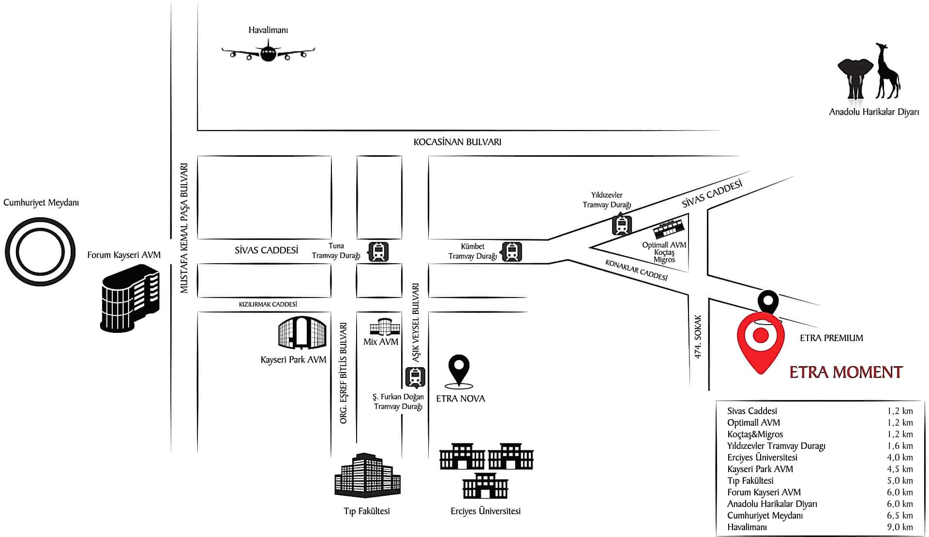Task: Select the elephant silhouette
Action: (855, 77)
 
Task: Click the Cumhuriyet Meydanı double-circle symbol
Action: (40, 251)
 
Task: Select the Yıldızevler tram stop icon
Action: (622, 225)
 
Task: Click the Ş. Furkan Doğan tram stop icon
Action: (415, 377)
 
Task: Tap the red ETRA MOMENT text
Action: (846, 372)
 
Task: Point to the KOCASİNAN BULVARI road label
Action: (457, 142)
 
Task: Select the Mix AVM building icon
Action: (385, 327)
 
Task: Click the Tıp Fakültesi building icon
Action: (368, 475)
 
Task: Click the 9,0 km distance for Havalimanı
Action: (899, 527)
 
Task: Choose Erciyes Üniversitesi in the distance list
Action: (762, 457)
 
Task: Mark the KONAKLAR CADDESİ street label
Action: (636, 270)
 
